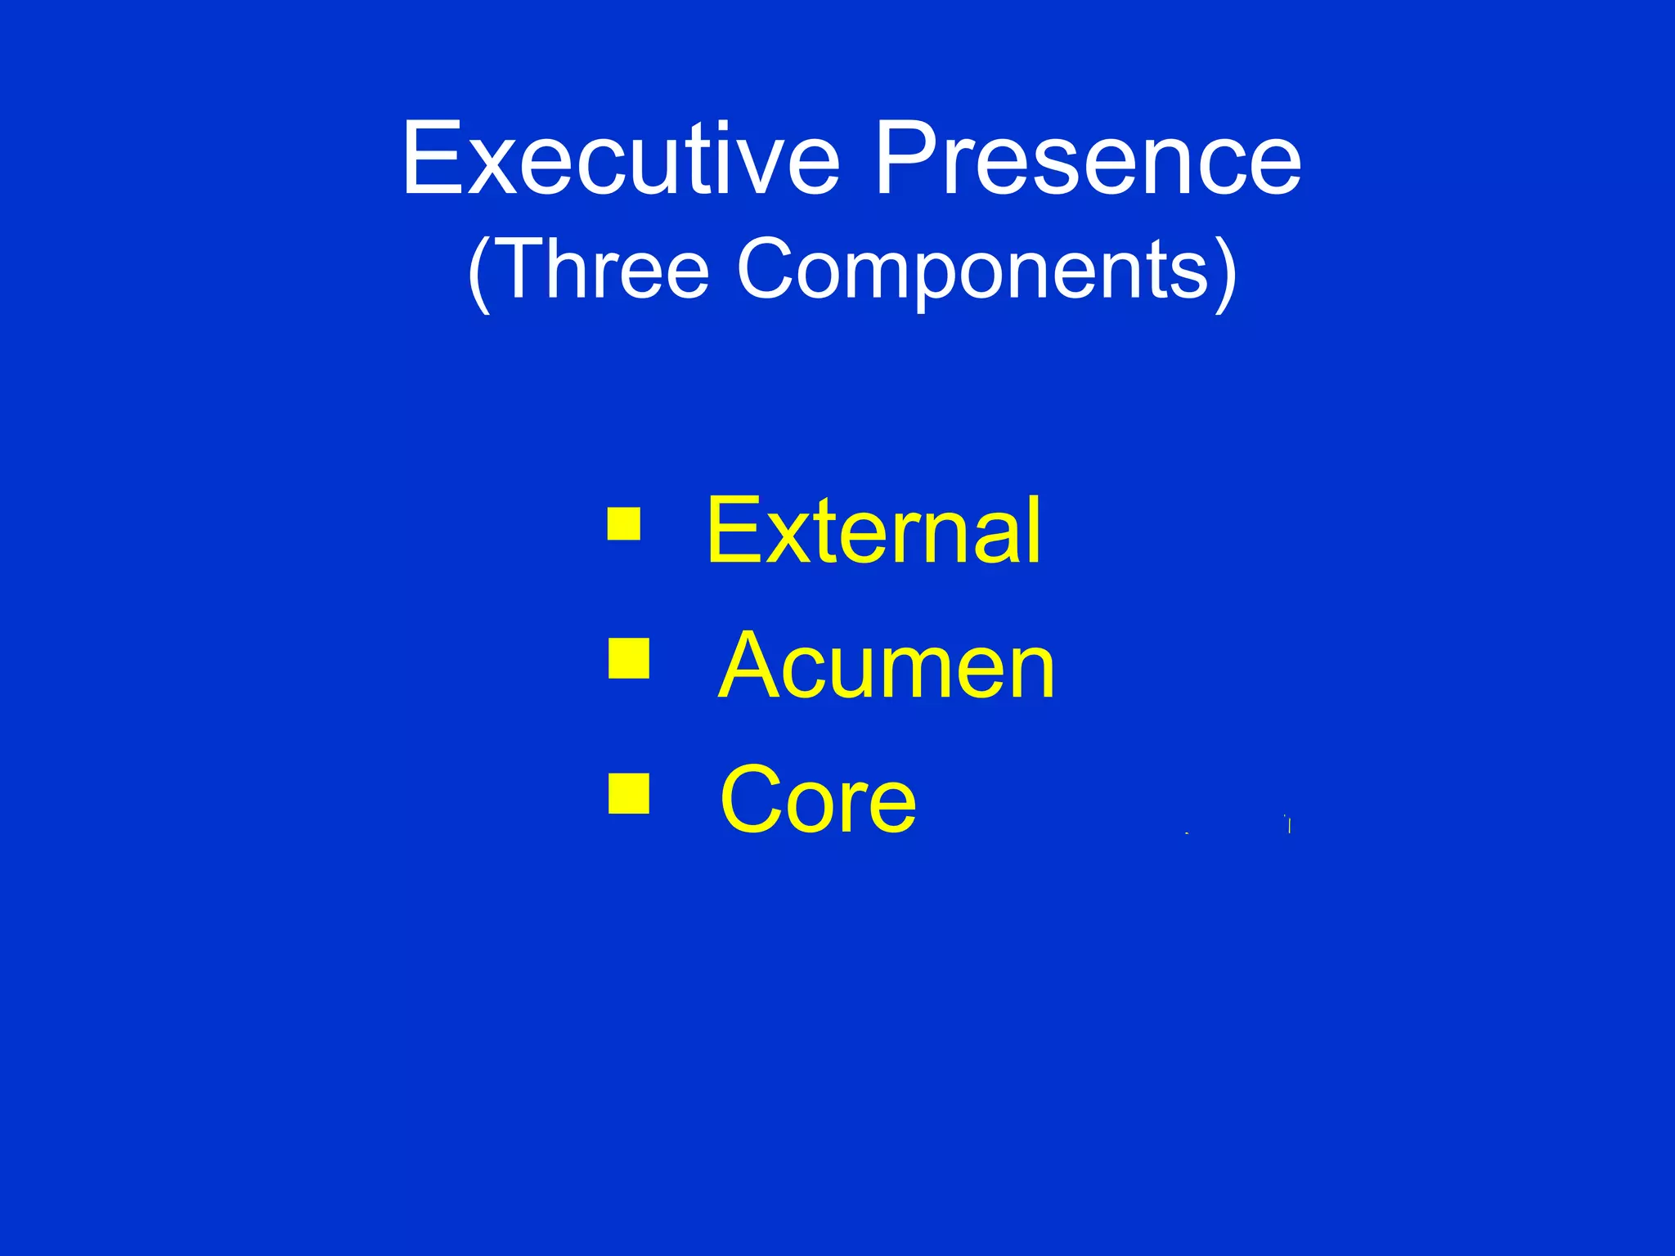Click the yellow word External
click(x=873, y=532)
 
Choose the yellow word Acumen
click(x=887, y=666)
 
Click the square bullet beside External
click(x=623, y=524)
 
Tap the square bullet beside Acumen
click(x=629, y=659)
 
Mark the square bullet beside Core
click(x=629, y=794)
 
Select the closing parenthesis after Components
click(x=1226, y=271)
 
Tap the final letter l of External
click(x=1035, y=532)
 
